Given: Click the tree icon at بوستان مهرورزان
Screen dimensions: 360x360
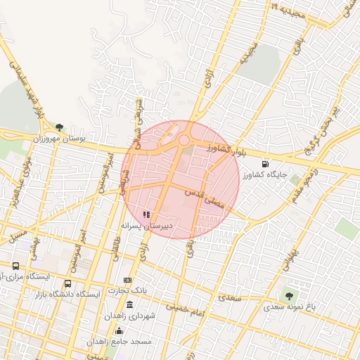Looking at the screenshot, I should (59, 127).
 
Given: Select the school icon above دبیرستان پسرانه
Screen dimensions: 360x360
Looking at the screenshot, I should (146, 214).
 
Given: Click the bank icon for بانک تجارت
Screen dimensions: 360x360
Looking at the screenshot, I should (127, 281).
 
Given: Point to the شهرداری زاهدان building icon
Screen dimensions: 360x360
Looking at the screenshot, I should (129, 304).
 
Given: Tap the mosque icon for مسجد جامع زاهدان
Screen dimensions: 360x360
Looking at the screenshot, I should (119, 330).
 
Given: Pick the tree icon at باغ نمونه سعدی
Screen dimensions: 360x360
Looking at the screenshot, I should (288, 295).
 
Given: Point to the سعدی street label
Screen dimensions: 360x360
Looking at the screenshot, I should (230, 297).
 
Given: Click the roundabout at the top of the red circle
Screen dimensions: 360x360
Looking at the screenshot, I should (184, 140).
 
